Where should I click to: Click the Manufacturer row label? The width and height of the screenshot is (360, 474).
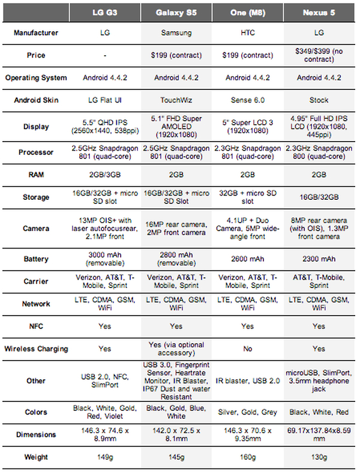pos(35,33)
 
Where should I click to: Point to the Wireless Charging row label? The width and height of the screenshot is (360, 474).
pos(35,349)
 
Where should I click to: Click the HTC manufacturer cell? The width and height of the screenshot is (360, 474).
pos(248,33)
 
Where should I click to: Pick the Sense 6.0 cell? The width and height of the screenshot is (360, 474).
pos(248,100)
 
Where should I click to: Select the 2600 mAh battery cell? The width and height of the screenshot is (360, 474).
pos(248,259)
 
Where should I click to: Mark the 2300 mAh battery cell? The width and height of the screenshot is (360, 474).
pos(319,259)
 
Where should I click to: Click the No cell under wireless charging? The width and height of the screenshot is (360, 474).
pos(248,349)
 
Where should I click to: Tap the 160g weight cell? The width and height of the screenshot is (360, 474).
pos(248,457)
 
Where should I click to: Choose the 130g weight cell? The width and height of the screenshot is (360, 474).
pos(319,457)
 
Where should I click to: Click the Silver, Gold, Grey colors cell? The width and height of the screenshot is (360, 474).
pos(248,412)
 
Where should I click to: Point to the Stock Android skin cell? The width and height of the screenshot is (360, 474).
pos(319,100)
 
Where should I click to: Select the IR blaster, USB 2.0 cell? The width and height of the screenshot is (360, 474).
pos(248,381)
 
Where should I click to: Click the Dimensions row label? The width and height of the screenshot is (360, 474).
pos(35,434)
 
